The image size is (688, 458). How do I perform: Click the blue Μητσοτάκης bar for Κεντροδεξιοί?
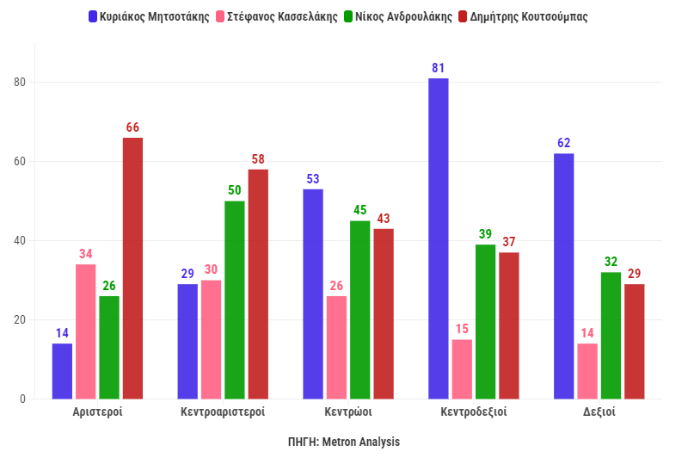(438, 238)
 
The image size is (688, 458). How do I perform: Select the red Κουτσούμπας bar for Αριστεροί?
(132, 268)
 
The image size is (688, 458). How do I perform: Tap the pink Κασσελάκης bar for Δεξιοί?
(587, 371)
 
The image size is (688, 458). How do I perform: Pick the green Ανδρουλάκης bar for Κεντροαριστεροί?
(235, 300)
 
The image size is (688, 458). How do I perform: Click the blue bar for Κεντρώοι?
(313, 294)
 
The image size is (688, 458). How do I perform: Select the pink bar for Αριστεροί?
(86, 331)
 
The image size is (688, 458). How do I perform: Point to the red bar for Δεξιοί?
(634, 341)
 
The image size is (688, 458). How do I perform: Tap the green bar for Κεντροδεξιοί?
(485, 321)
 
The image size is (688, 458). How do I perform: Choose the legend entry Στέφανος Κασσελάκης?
(277, 16)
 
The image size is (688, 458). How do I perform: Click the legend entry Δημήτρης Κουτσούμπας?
(528, 16)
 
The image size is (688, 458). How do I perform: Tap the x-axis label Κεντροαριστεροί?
(223, 412)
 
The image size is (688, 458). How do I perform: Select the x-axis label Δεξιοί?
(599, 412)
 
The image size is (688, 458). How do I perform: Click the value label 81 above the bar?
(438, 67)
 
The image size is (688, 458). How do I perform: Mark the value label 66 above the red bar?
(132, 127)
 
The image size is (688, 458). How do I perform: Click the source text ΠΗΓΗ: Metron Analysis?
(344, 442)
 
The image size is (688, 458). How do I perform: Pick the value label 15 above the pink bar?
(462, 329)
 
